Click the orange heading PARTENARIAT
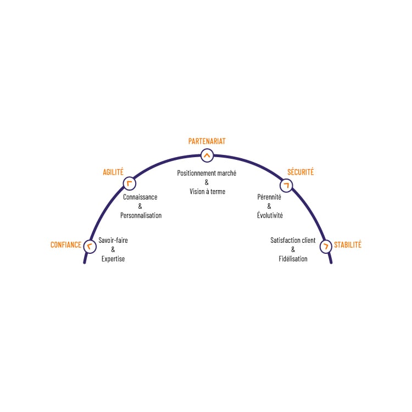click(207, 141)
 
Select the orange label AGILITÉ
click(113, 172)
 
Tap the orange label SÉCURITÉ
click(300, 172)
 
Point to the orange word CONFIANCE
click(66, 245)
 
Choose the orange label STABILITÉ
click(348, 244)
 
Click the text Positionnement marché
click(207, 173)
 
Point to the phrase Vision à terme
click(207, 192)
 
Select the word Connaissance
click(140, 197)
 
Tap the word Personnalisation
click(141, 215)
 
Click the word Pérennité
click(269, 197)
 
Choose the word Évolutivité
click(270, 215)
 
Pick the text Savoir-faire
click(113, 240)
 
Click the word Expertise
click(113, 259)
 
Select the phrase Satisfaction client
click(293, 240)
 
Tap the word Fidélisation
click(293, 259)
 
